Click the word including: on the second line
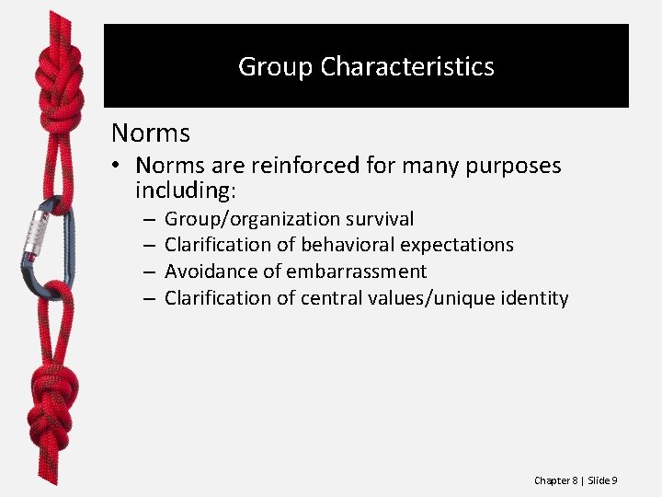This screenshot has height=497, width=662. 186,191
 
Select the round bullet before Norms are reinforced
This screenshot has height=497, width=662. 120,167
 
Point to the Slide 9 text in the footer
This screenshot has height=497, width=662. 602,480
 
